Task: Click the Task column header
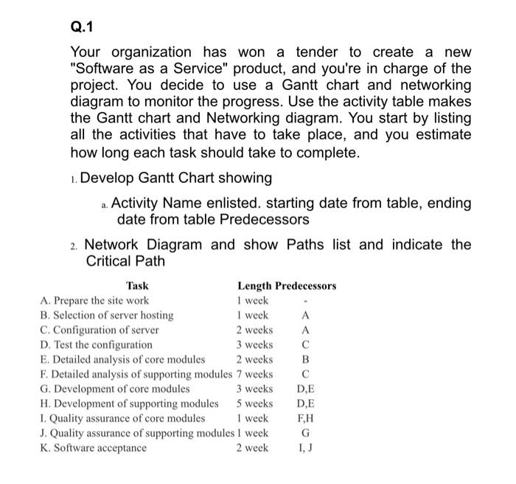coord(137,286)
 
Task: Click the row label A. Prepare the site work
coord(94,300)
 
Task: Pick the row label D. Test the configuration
coord(97,345)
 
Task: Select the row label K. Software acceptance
coord(94,448)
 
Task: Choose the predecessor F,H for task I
coord(305,418)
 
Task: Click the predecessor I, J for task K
coord(305,448)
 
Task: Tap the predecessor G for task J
coord(305,433)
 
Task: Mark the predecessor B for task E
coord(305,359)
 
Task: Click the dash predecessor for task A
coord(305,301)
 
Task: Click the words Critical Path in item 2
coord(125,261)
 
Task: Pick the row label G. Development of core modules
coord(115,389)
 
